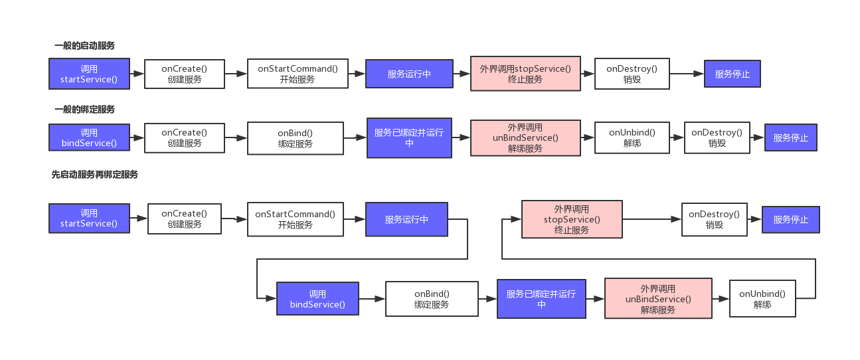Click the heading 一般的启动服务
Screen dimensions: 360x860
tap(84, 46)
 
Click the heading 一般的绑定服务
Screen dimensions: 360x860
tap(84, 110)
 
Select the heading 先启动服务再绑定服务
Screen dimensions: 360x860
tap(94, 175)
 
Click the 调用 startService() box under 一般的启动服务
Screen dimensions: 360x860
tap(89, 74)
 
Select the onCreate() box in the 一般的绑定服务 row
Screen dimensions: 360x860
tap(184, 137)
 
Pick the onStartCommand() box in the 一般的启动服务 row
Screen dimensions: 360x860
tap(298, 74)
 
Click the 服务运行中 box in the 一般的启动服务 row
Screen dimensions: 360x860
tap(409, 74)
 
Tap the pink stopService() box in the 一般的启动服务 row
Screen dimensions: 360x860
tap(525, 74)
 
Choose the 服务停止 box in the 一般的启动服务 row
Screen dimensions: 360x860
tap(732, 74)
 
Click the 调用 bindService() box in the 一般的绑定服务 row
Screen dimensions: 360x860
tap(89, 137)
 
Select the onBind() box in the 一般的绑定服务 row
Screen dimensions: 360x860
tap(296, 138)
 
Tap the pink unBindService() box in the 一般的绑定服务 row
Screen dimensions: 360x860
tap(525, 137)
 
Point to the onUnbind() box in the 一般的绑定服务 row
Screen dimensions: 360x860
tap(632, 137)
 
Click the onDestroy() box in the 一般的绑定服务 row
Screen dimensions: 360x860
tap(717, 137)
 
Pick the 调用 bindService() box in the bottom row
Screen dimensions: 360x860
tap(317, 299)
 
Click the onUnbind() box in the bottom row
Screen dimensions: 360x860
tap(762, 299)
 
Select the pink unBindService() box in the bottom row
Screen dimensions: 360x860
tap(658, 299)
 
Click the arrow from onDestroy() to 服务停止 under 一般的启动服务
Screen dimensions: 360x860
tap(687, 74)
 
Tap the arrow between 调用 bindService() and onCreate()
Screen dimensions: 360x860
tap(137, 138)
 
